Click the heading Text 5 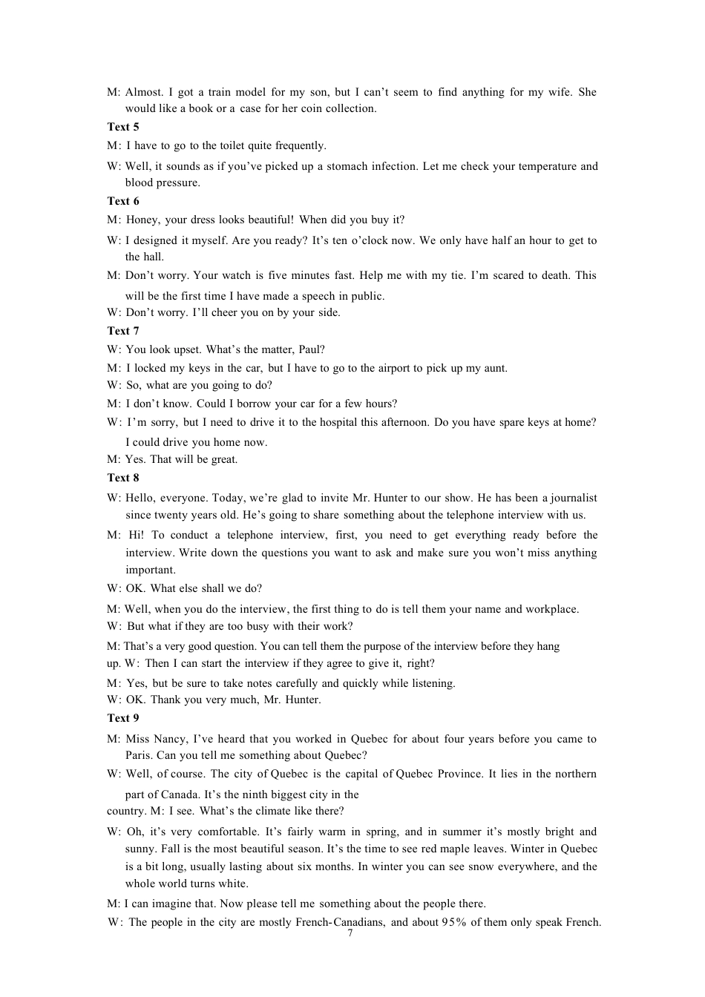[123, 127]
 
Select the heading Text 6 [123, 201]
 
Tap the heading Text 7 [123, 331]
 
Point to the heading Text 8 [123, 478]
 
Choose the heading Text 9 [123, 718]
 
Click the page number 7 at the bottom [350, 933]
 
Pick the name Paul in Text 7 [312, 349]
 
